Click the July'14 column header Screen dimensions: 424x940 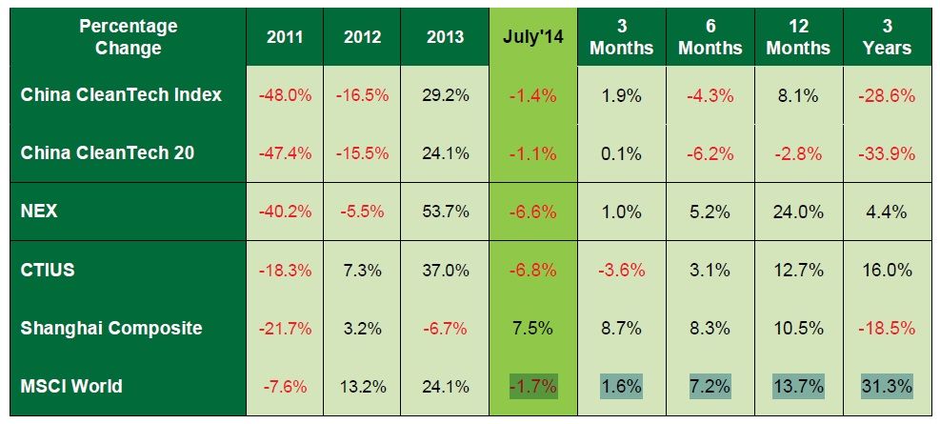pyautogui.click(x=532, y=38)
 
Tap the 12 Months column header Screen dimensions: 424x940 pyautogui.click(x=798, y=38)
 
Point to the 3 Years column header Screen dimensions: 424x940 pyautogui.click(x=888, y=38)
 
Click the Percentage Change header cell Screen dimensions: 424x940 pyautogui.click(x=129, y=38)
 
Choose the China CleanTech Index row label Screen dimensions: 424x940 pyautogui.click(x=121, y=94)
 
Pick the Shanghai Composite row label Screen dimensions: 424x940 pyautogui.click(x=111, y=328)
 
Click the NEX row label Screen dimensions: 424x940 pyautogui.click(x=39, y=211)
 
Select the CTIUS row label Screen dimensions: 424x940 pyautogui.click(x=48, y=270)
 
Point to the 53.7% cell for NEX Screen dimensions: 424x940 pyautogui.click(x=445, y=212)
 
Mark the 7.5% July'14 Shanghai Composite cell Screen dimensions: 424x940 pyautogui.click(x=532, y=329)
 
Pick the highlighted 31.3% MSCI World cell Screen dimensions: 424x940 pyautogui.click(x=888, y=387)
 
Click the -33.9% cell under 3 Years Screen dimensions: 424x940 pyautogui.click(x=888, y=153)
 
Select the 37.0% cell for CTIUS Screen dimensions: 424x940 pyautogui.click(x=445, y=271)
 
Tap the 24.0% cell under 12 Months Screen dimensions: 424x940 pyautogui.click(x=798, y=212)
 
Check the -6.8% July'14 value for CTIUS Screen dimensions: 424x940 pyautogui.click(x=532, y=271)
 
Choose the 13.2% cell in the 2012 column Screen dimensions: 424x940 pyautogui.click(x=361, y=387)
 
